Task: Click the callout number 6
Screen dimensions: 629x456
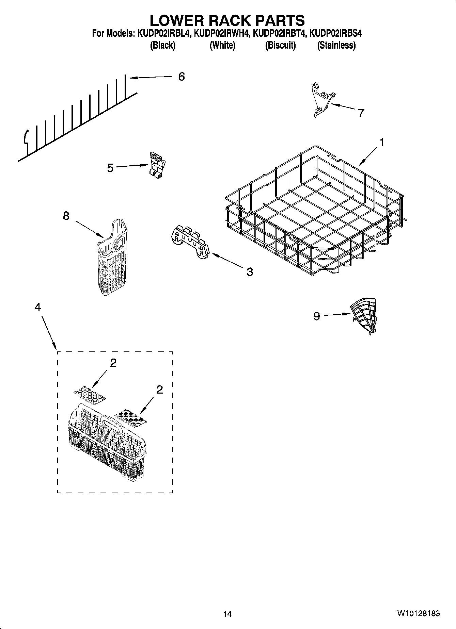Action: pos(182,77)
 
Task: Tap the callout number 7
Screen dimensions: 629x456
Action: pos(361,113)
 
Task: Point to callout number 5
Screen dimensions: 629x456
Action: pos(110,168)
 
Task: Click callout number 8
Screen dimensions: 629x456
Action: pos(66,215)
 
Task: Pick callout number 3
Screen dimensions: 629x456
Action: pos(250,271)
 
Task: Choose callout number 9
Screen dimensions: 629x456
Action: pos(317,316)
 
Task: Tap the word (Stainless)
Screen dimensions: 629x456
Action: pos(336,45)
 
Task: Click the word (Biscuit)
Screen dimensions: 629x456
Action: pos(280,45)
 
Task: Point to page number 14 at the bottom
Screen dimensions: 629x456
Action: pos(227,614)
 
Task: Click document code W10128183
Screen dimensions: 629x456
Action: pos(418,614)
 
